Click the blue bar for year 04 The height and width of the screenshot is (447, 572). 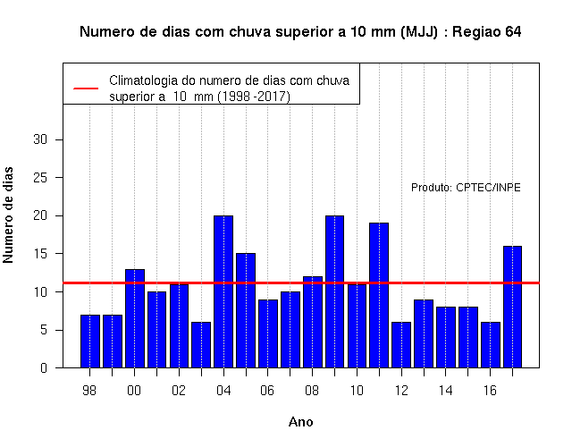223,291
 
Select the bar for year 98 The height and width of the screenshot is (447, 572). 90,342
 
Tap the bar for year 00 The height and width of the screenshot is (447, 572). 135,318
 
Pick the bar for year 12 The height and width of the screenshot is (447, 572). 401,345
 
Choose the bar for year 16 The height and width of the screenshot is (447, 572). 491,345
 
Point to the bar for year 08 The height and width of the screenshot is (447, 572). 313,322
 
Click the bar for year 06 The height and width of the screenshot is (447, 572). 268,333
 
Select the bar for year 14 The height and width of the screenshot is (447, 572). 446,337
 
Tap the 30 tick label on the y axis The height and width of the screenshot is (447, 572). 40,139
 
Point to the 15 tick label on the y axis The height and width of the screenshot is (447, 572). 40,254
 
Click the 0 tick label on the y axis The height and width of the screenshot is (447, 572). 44,367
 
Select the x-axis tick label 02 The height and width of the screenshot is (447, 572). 179,391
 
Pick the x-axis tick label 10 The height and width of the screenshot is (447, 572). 357,391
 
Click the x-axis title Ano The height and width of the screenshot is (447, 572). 301,422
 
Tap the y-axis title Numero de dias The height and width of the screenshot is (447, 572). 8,215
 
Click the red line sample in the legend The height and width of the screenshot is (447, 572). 86,89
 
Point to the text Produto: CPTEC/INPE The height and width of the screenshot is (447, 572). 466,188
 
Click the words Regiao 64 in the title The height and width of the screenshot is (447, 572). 487,32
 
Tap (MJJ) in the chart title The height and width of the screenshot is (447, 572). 419,32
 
